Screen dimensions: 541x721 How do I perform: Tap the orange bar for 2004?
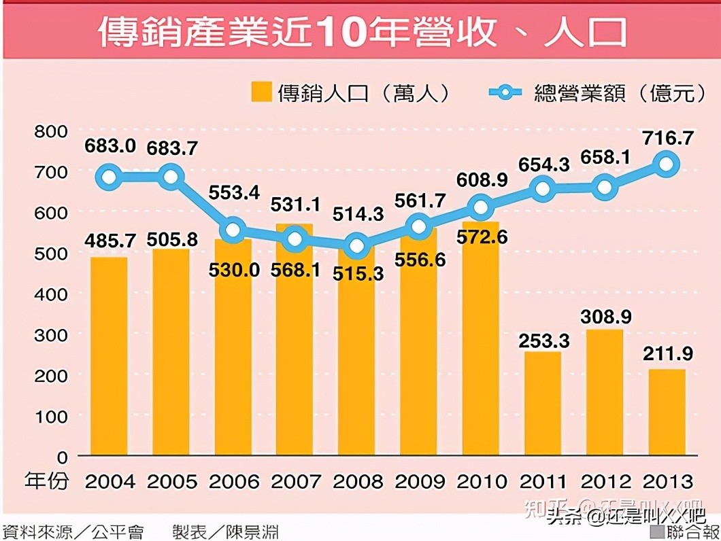tap(109, 356)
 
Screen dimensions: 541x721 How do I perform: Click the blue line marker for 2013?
tap(667, 164)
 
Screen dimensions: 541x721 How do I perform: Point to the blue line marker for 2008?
tap(356, 246)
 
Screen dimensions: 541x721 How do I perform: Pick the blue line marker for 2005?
tap(171, 177)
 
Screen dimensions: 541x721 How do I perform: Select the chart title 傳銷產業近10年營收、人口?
tap(360, 33)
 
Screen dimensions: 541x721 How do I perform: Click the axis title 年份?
tap(46, 481)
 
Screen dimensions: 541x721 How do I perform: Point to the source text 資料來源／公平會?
tap(75, 531)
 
